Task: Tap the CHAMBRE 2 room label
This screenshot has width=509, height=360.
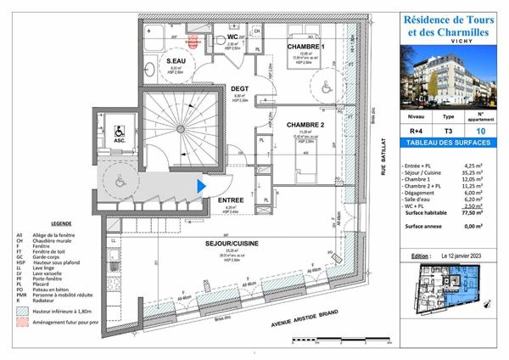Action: (305, 123)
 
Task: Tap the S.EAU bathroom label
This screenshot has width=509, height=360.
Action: (176, 62)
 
